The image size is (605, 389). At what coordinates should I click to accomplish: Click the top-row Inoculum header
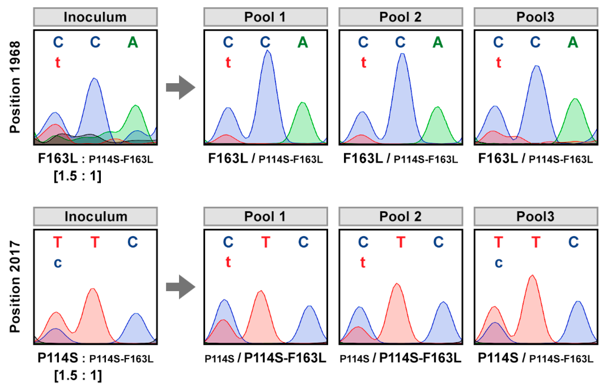[x=95, y=17]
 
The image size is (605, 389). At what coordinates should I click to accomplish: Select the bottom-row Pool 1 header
[x=265, y=217]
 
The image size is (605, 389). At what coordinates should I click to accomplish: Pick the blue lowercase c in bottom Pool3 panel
[x=498, y=263]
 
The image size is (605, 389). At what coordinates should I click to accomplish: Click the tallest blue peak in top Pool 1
[x=268, y=76]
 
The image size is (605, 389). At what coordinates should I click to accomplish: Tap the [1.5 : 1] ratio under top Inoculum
[x=77, y=176]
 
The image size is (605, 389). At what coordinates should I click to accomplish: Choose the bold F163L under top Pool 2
[x=363, y=159]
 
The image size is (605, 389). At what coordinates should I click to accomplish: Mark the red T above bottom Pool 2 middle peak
[x=401, y=242]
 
